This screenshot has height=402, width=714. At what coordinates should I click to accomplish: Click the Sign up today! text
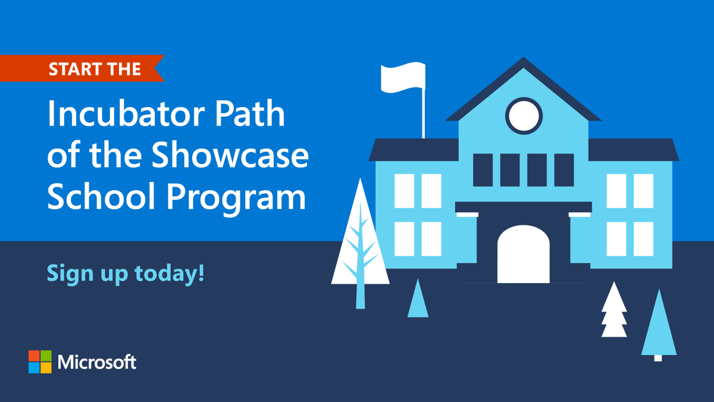pos(126,273)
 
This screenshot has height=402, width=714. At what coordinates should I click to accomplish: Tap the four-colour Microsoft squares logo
pos(40,362)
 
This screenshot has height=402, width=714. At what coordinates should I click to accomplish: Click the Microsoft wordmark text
pos(98,362)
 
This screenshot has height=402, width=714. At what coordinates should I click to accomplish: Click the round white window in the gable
pos(524,115)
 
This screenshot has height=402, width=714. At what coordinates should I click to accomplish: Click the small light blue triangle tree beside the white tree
pos(418,300)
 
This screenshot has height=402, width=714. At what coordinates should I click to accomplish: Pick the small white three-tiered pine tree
pos(614,310)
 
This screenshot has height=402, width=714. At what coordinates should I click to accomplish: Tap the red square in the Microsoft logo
pos(34,356)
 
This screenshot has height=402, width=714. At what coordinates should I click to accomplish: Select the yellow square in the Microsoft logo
pos(46,368)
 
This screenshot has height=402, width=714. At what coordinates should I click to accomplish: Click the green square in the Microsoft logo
pos(46,356)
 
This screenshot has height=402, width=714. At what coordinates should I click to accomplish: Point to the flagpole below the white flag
pos(424,116)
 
